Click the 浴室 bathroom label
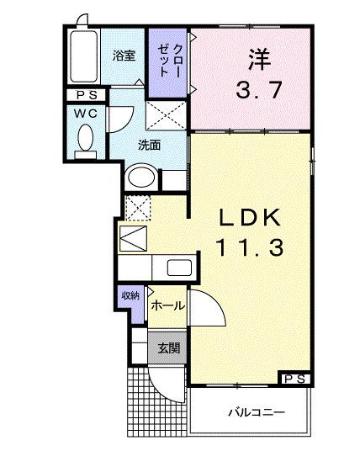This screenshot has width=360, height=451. tap(124, 56)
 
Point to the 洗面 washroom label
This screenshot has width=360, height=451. tap(150, 143)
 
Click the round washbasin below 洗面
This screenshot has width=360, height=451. tap(141, 178)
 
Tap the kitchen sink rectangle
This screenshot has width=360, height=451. tap(179, 268)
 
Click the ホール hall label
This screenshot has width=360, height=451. tap(168, 306)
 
